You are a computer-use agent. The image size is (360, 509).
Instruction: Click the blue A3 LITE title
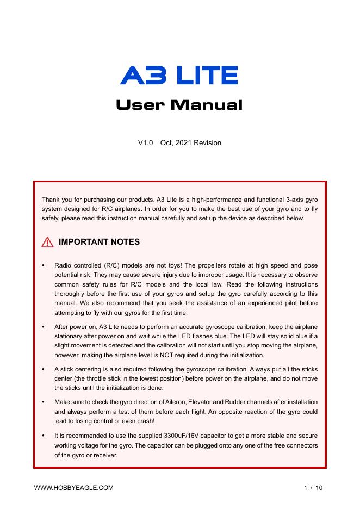[x=179, y=75]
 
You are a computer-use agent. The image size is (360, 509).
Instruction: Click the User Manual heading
[x=179, y=104]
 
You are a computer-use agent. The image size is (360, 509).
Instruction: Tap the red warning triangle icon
[x=47, y=242]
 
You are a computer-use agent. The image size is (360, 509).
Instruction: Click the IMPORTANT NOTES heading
[x=99, y=242]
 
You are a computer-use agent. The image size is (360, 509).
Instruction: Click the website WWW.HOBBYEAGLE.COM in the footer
[x=74, y=488]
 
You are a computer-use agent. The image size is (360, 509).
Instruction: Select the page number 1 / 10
[x=313, y=488]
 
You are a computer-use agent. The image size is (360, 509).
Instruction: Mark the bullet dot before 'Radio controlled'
[x=43, y=265]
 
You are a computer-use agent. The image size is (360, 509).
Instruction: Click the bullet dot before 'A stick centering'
[x=43, y=369]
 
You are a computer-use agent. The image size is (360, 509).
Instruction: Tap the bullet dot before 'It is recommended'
[x=43, y=436]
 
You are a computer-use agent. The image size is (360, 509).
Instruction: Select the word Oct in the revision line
[x=166, y=143]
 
